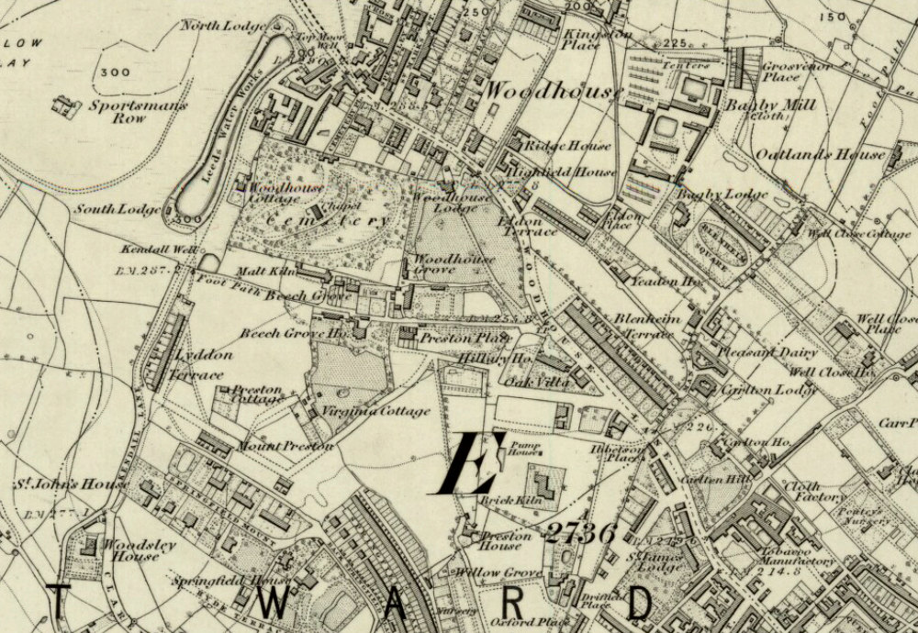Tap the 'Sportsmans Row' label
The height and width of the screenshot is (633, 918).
click(138, 113)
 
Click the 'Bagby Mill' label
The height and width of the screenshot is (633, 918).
click(770, 105)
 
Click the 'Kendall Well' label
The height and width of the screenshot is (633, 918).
click(148, 250)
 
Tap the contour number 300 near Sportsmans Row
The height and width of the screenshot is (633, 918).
click(116, 72)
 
